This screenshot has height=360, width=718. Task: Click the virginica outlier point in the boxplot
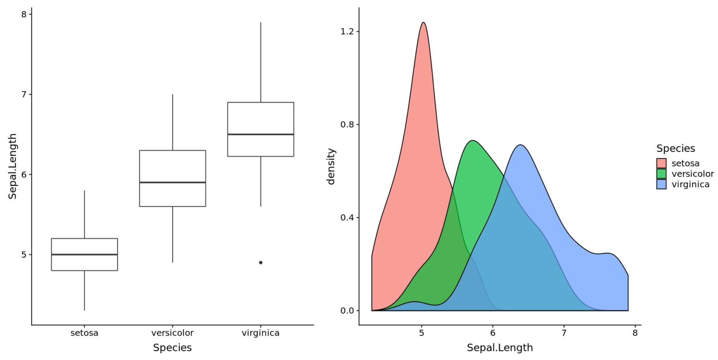(x=260, y=263)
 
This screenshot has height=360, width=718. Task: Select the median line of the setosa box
(x=84, y=254)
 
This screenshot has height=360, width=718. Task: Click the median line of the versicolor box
(x=172, y=182)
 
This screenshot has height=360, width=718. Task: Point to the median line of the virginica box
(x=260, y=134)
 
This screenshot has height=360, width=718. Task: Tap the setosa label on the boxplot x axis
(x=84, y=333)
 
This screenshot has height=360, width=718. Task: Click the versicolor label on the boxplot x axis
(x=172, y=333)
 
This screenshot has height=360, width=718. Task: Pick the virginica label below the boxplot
(x=260, y=333)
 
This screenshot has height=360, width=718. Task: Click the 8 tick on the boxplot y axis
(x=24, y=14)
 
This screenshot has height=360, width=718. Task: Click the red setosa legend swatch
(x=661, y=163)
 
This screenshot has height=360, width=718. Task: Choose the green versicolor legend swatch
(x=661, y=174)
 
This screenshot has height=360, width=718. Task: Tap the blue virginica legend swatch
(x=661, y=184)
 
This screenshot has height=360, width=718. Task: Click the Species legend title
(x=675, y=148)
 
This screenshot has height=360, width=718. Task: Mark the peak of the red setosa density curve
(x=423, y=23)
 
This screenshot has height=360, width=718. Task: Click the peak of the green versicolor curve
(x=472, y=141)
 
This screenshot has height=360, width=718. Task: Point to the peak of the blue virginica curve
(x=520, y=145)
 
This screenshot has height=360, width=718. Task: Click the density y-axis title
(x=331, y=166)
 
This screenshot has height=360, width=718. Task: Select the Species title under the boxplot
(x=172, y=348)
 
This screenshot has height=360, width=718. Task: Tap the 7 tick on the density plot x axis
(x=564, y=333)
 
